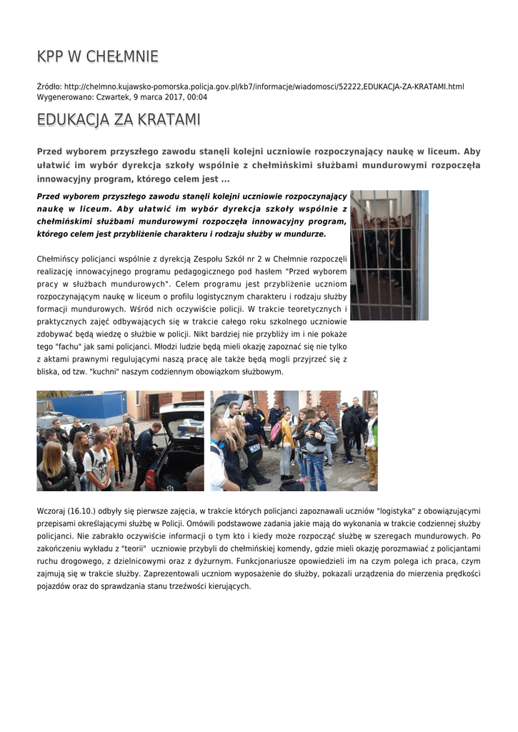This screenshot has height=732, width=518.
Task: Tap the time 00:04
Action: pyautogui.click(x=197, y=97)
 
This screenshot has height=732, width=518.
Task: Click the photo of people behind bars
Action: pyautogui.click(x=389, y=254)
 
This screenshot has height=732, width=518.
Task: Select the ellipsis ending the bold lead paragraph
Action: pyautogui.click(x=225, y=179)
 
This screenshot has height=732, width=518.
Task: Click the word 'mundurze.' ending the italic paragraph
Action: pyautogui.click(x=304, y=234)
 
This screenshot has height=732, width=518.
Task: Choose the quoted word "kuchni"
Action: pyautogui.click(x=109, y=372)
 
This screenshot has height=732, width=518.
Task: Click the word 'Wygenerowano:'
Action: pyautogui.click(x=64, y=97)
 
